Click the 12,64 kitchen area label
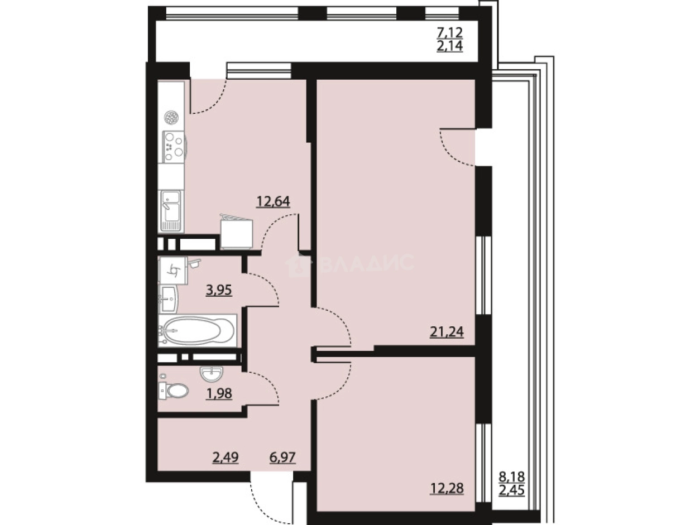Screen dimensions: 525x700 [273, 201]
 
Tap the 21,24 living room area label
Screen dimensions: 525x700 [447, 332]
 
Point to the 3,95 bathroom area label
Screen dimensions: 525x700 [219, 290]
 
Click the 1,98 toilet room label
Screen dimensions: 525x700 [219, 393]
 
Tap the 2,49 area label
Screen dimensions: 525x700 [226, 458]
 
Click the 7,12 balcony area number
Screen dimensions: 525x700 [449, 33]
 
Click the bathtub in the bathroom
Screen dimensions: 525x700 [198, 330]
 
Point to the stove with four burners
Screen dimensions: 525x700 [174, 146]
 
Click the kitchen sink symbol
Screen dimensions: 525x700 [171, 209]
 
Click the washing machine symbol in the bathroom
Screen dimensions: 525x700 [174, 271]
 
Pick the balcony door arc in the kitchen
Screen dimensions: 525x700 [209, 100]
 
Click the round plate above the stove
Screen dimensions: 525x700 [171, 117]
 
